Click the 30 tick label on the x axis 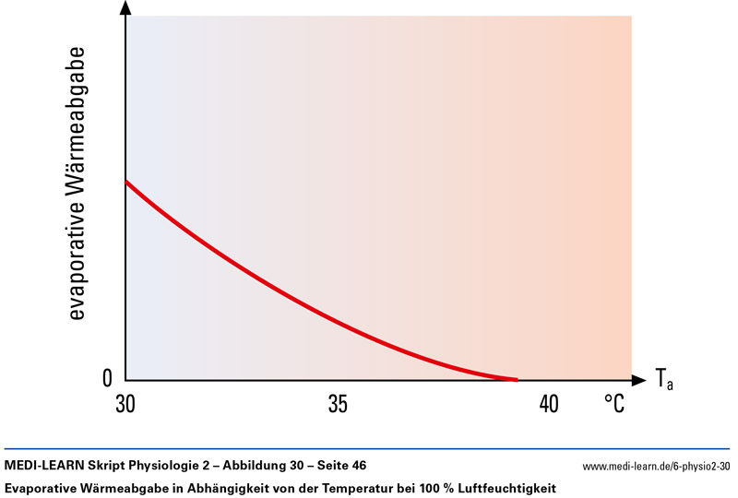126,404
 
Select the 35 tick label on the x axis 338,404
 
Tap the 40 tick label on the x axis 549,404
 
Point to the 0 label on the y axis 107,379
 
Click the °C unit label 614,404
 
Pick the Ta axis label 664,377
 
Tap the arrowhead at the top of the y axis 125,7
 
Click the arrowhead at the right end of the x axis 638,379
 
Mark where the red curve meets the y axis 126,182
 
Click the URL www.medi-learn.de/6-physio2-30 657,465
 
